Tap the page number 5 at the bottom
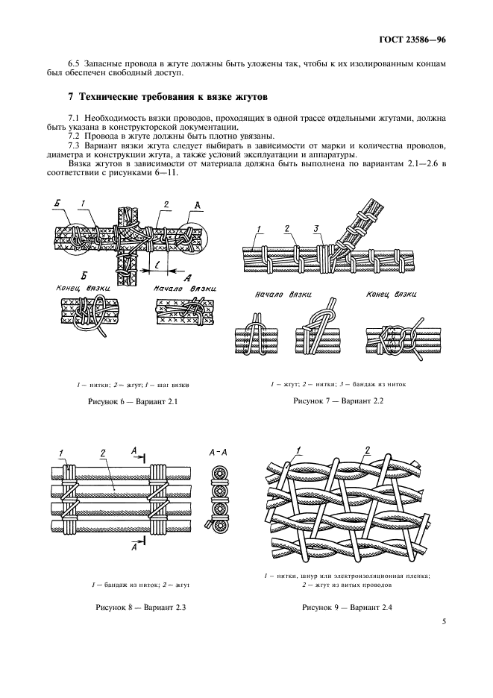[443, 641]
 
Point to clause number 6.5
[75, 63]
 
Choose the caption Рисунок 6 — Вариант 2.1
[130, 401]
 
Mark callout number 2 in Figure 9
[367, 449]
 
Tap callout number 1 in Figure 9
[299, 449]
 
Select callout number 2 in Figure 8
[103, 452]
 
